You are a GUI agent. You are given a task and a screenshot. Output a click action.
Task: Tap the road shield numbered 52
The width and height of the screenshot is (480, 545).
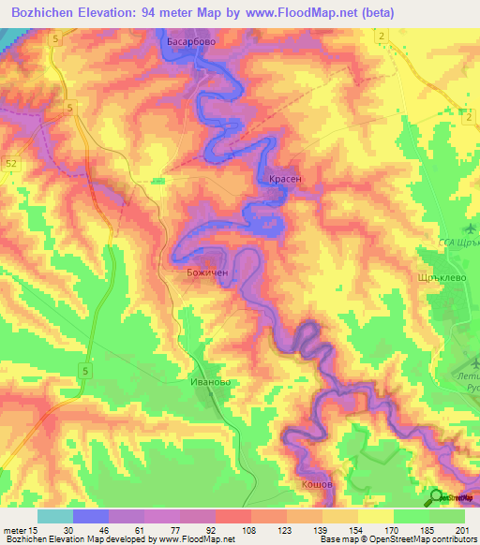point(9,163)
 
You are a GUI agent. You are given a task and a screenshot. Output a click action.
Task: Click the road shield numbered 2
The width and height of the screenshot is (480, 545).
point(383,35)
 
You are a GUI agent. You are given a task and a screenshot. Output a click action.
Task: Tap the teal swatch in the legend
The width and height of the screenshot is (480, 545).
point(55,516)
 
